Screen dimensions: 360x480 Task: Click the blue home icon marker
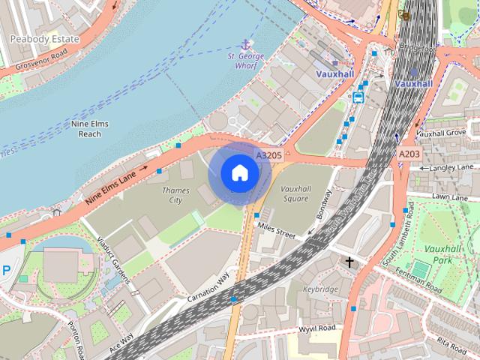click(x=239, y=172)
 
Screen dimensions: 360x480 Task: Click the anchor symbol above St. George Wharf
click(x=244, y=45)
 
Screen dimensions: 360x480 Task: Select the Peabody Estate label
click(x=34, y=37)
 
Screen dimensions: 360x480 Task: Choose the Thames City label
click(x=175, y=196)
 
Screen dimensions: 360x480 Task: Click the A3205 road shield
click(x=268, y=155)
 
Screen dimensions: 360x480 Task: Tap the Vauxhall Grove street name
click(x=442, y=133)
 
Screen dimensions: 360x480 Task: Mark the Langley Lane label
click(x=452, y=167)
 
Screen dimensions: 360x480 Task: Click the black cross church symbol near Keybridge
click(x=349, y=262)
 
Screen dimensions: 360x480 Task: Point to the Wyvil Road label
click(x=317, y=328)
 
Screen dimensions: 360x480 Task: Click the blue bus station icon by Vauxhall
click(x=358, y=96)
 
